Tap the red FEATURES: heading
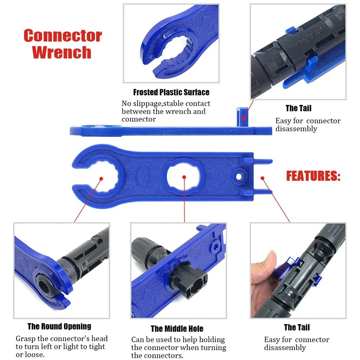[x=313, y=176]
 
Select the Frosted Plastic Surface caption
[x=171, y=93]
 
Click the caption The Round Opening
[x=59, y=326]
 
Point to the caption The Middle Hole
[x=177, y=329]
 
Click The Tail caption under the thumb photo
[x=297, y=327]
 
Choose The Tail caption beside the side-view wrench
[x=298, y=108]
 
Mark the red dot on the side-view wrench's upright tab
[x=244, y=118]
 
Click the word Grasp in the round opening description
[x=27, y=338]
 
